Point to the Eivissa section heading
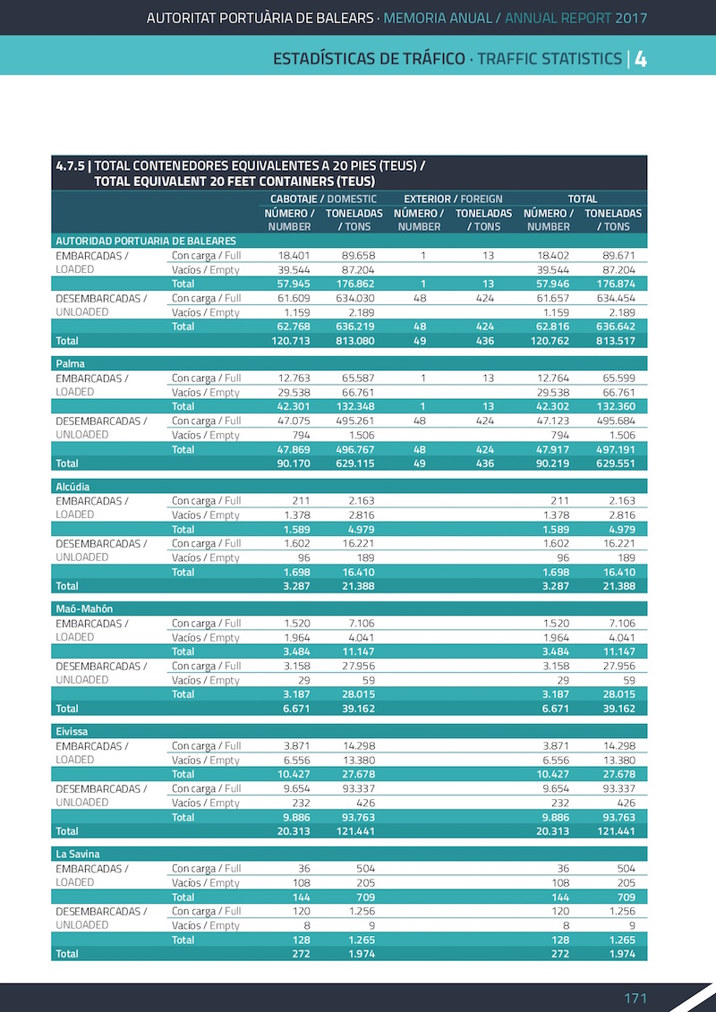[72, 731]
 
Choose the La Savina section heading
[77, 854]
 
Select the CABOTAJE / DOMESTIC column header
[323, 199]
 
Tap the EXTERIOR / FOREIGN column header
[453, 199]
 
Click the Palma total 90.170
[293, 463]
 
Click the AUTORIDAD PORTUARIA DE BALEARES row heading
[146, 241]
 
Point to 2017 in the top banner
[630, 18]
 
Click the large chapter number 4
[641, 59]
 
